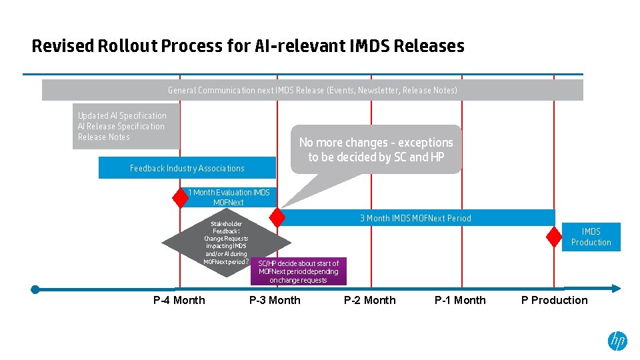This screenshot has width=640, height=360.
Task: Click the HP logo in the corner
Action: click(x=617, y=341)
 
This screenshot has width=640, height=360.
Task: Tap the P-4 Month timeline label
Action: click(x=179, y=300)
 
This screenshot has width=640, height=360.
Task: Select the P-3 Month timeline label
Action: click(x=275, y=300)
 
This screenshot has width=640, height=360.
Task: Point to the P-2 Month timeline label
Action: click(x=369, y=300)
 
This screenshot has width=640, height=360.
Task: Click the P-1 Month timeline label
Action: click(x=460, y=300)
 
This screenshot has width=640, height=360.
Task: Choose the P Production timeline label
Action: click(x=554, y=300)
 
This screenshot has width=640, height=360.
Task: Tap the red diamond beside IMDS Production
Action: click(x=554, y=237)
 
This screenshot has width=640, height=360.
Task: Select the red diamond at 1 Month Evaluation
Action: click(x=180, y=197)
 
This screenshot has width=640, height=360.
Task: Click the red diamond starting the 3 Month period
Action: click(x=277, y=217)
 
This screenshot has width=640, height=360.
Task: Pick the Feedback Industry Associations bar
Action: click(x=187, y=168)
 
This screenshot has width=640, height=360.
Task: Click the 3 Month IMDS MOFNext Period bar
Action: click(x=415, y=218)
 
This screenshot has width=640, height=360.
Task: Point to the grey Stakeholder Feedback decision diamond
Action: click(x=227, y=243)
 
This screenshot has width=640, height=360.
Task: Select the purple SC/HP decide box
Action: click(x=298, y=271)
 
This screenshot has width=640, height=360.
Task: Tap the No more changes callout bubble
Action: click(x=376, y=149)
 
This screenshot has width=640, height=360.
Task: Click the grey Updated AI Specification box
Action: click(x=125, y=126)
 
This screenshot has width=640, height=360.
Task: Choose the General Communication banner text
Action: click(x=312, y=90)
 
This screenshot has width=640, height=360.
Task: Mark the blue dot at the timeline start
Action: click(x=35, y=289)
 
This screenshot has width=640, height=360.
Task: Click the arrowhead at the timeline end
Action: click(x=616, y=289)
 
